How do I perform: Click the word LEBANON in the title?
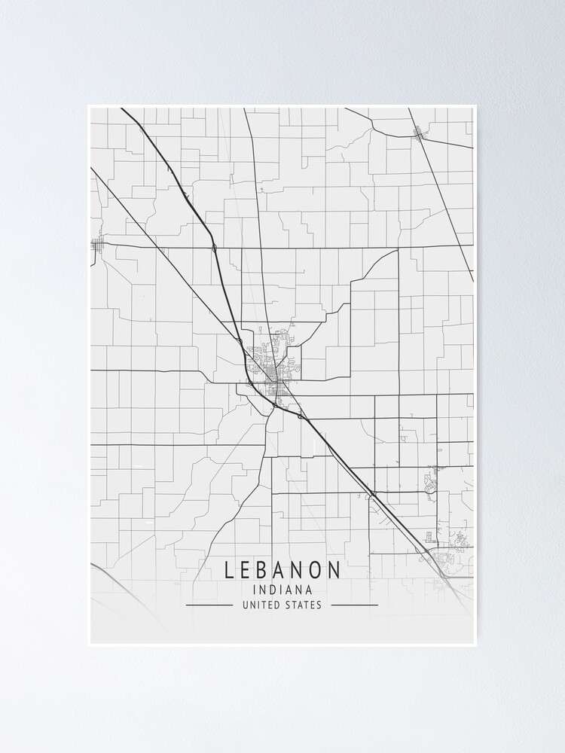(x=282, y=570)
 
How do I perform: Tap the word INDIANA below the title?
(x=282, y=590)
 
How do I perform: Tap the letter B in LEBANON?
(x=264, y=570)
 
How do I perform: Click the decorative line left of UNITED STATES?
(x=209, y=605)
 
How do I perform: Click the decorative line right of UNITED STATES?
(x=355, y=605)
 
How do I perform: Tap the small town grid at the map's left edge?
(x=97, y=244)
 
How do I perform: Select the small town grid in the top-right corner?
(x=419, y=133)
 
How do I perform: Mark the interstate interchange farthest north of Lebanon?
(x=215, y=247)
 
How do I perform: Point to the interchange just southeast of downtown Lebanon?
(x=300, y=416)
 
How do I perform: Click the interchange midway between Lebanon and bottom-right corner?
(x=372, y=494)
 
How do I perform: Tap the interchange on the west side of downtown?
(x=250, y=383)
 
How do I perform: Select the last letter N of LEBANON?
(x=335, y=570)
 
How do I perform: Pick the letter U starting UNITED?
(x=246, y=605)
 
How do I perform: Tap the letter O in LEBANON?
(x=317, y=570)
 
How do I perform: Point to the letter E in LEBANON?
(x=246, y=570)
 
